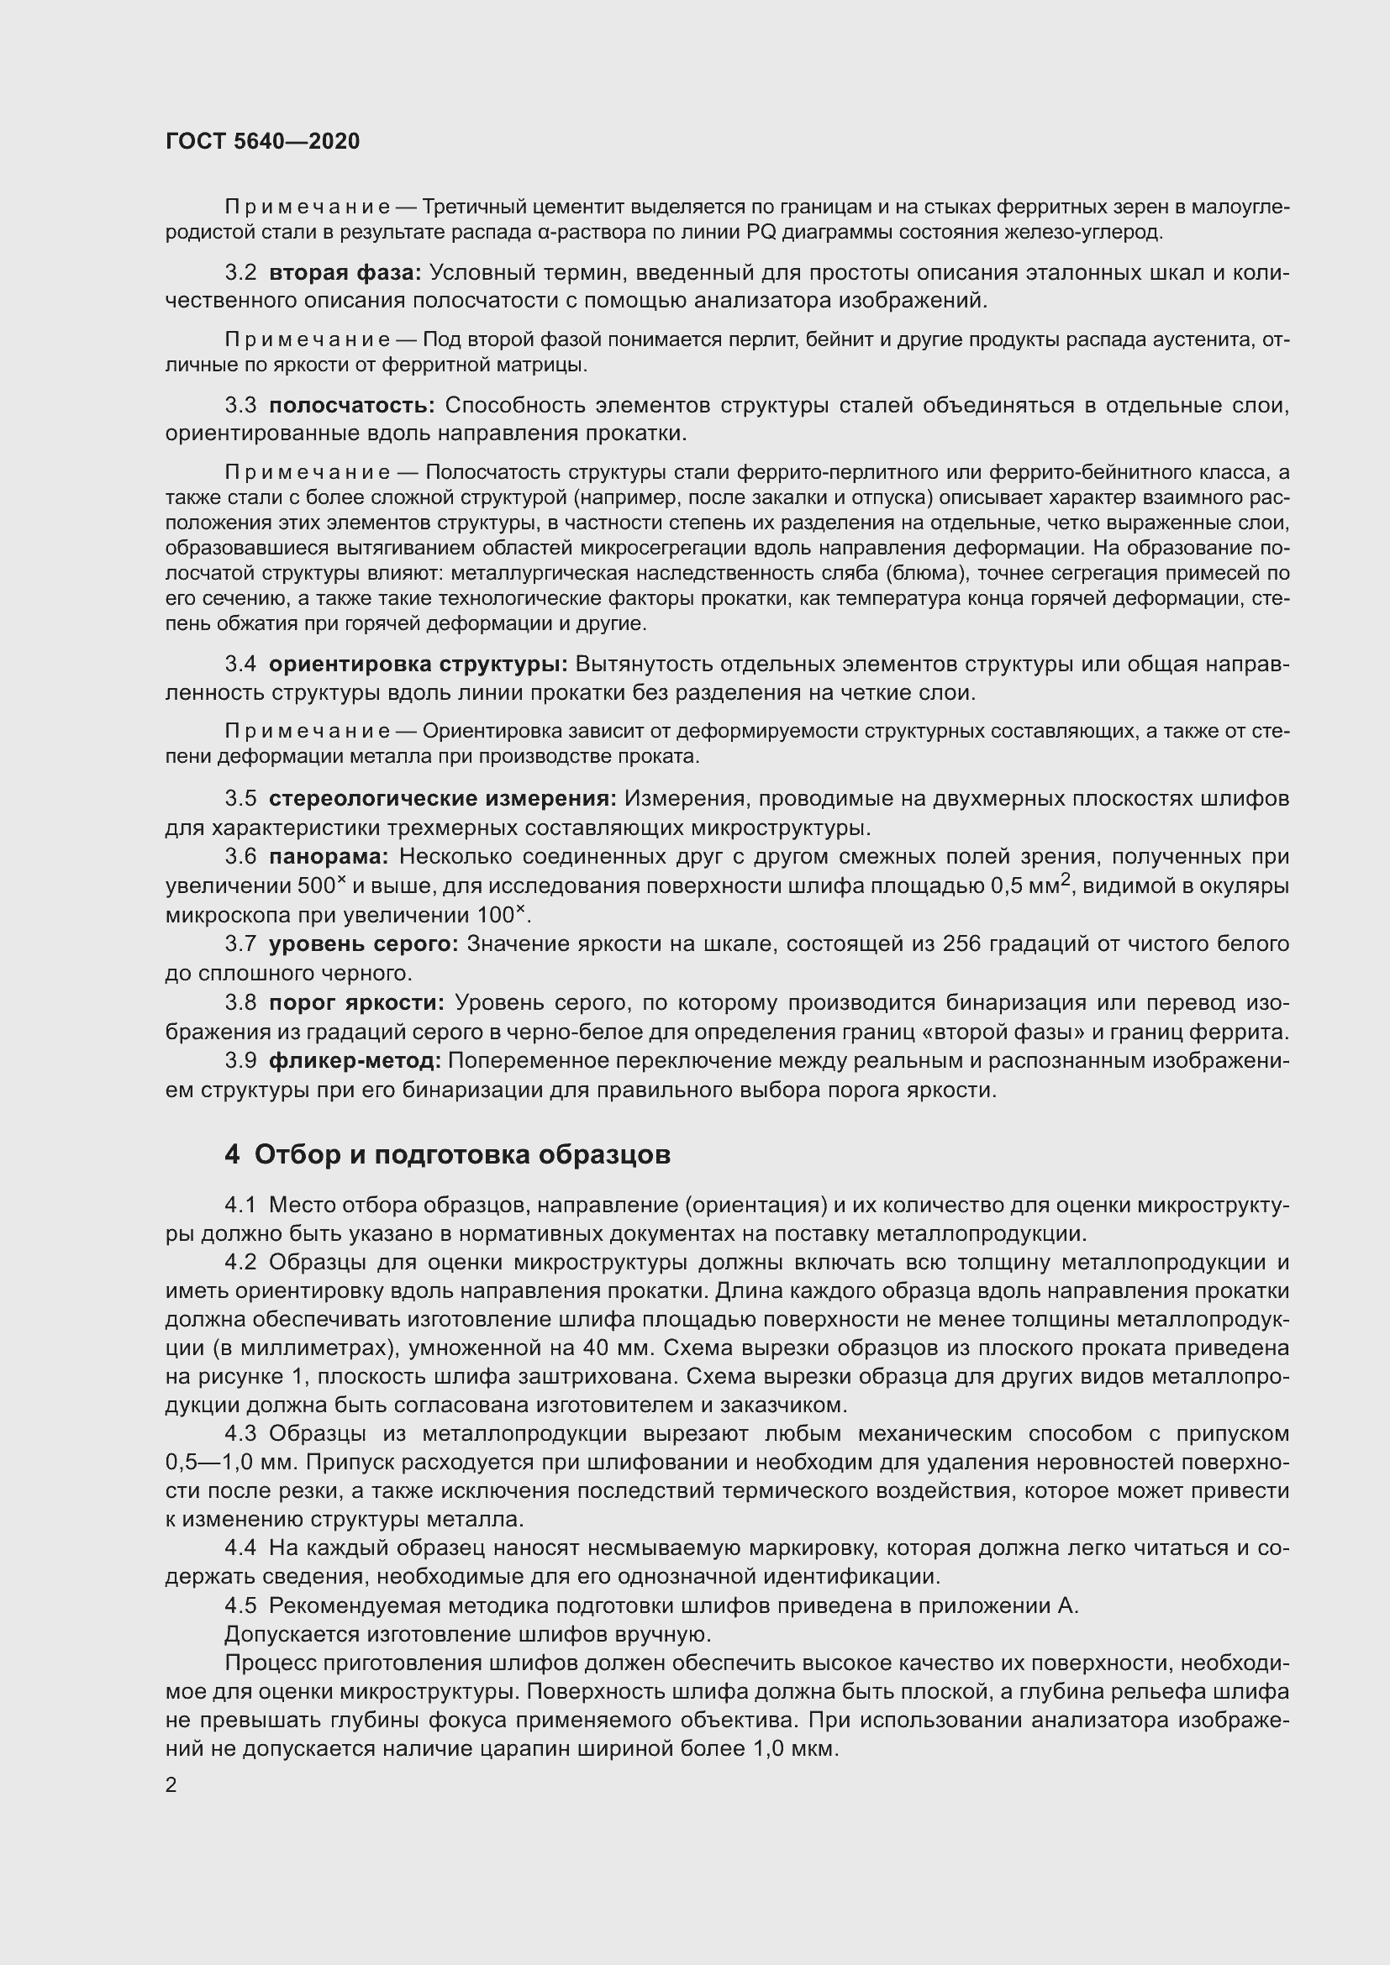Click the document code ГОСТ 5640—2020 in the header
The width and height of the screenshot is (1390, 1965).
[x=263, y=141]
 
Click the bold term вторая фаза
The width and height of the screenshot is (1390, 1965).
[x=345, y=273]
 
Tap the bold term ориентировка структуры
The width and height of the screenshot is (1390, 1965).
[x=419, y=665]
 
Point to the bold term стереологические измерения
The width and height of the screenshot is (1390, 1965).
[x=443, y=798]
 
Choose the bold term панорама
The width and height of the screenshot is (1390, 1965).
[x=329, y=857]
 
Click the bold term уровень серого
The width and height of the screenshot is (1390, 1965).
[x=364, y=944]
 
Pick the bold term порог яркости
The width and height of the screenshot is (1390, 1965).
[x=357, y=1002]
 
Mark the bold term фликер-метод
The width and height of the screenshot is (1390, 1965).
[x=355, y=1060]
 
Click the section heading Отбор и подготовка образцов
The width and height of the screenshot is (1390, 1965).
[x=462, y=1154]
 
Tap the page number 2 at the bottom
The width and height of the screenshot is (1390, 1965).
[x=171, y=1785]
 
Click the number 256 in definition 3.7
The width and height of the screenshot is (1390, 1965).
[x=966, y=944]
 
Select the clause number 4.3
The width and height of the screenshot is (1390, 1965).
[x=240, y=1433]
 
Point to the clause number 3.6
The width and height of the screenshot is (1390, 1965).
[x=240, y=857]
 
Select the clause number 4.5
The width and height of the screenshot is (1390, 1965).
[x=240, y=1606]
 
